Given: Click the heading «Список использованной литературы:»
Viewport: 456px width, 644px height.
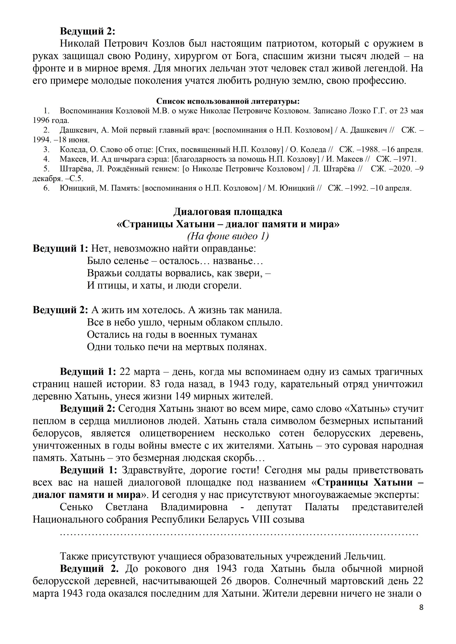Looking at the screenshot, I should (228, 101).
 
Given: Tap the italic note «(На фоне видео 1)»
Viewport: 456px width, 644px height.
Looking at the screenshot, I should (228, 236).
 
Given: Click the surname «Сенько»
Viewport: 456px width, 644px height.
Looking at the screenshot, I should (76, 507).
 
